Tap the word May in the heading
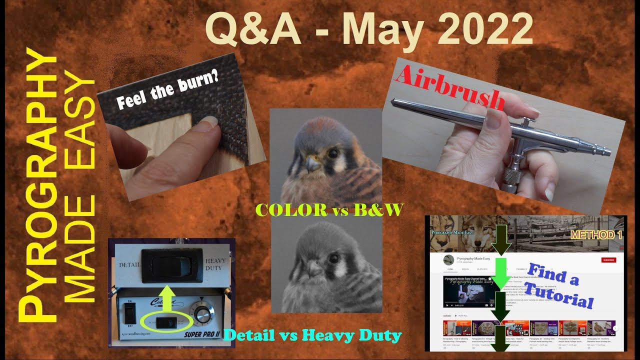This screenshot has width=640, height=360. coord(379,30)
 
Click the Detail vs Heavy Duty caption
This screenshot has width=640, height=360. coord(313,334)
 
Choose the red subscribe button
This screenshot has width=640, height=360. coord(608,260)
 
